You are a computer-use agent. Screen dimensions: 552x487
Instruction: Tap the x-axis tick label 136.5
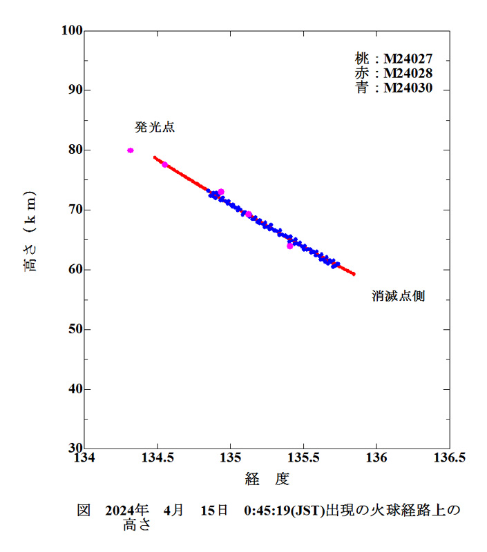(x=449, y=460)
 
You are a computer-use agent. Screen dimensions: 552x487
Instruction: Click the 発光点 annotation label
(x=154, y=128)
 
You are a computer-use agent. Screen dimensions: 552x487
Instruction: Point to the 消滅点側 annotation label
(x=398, y=297)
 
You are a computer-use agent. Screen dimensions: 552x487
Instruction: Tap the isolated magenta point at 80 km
(x=131, y=150)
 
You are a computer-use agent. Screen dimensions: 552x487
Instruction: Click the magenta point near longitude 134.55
(x=164, y=164)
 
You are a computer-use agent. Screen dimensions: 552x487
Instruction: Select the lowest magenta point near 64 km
(x=290, y=246)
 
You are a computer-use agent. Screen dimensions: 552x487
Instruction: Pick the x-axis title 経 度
(x=266, y=480)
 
